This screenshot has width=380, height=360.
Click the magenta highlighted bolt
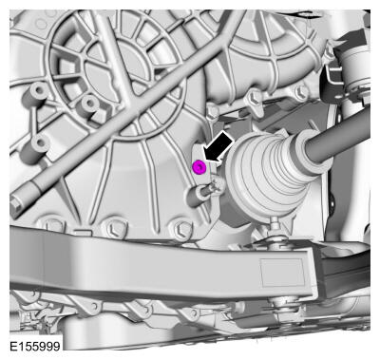click(x=199, y=167)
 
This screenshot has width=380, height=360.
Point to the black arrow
click(x=218, y=148)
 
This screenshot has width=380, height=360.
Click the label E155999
click(x=35, y=346)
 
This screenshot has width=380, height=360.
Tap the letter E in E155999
click(x=13, y=346)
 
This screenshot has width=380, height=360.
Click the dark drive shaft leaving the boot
click(x=339, y=133)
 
